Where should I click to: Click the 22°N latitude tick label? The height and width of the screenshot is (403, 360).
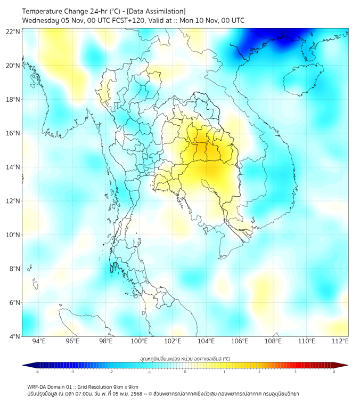[x=13, y=31]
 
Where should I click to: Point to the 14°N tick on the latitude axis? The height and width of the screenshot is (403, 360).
[x=13, y=167]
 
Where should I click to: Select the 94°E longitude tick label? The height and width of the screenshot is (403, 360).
[x=39, y=341]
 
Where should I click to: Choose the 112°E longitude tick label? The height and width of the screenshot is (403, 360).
[x=340, y=341]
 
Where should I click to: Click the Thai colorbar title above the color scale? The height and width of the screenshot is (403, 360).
[x=185, y=359]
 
